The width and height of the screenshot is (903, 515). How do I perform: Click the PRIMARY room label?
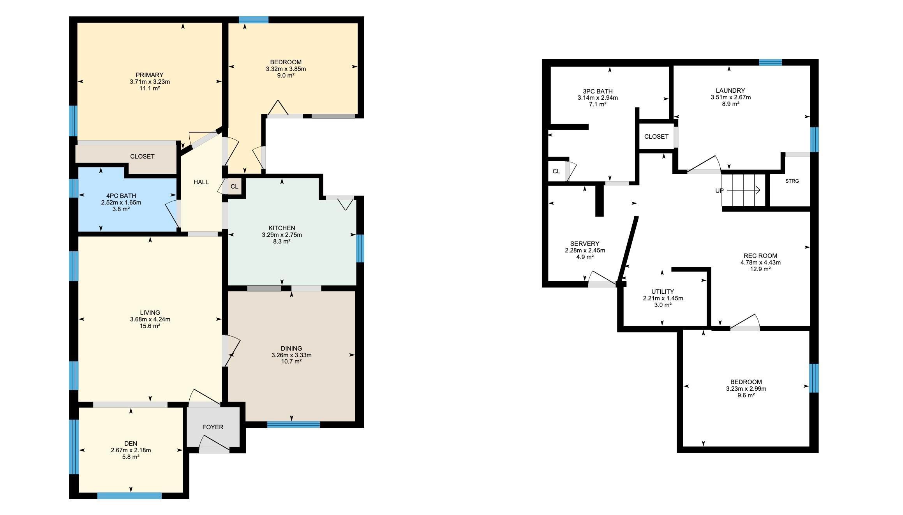[150, 75]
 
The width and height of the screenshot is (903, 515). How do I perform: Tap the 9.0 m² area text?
[286, 76]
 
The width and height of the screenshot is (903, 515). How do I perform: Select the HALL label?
[201, 182]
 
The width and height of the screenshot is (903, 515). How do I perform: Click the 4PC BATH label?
[121, 196]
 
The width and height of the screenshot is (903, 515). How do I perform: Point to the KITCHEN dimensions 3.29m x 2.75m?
[282, 235]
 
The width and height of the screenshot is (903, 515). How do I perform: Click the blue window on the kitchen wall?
[360, 249]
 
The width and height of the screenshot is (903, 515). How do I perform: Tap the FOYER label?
[213, 427]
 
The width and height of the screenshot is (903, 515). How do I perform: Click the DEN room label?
[131, 443]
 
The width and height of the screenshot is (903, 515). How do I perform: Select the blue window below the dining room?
[294, 425]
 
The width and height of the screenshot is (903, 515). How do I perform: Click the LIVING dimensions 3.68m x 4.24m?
[150, 319]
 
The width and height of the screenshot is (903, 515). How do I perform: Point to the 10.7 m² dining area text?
[291, 362]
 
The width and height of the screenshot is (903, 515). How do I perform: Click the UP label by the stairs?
[719, 191]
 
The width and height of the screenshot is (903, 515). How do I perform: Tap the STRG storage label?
[792, 181]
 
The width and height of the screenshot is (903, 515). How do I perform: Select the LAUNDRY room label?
[730, 91]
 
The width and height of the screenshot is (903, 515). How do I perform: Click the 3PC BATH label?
[598, 92]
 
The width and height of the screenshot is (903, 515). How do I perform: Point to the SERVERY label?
[585, 244]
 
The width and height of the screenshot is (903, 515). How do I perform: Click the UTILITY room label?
[663, 292]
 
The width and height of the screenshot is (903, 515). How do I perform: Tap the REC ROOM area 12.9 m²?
[760, 269]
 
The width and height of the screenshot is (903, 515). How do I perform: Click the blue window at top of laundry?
[771, 62]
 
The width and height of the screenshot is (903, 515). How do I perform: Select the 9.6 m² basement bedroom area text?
[746, 395]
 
